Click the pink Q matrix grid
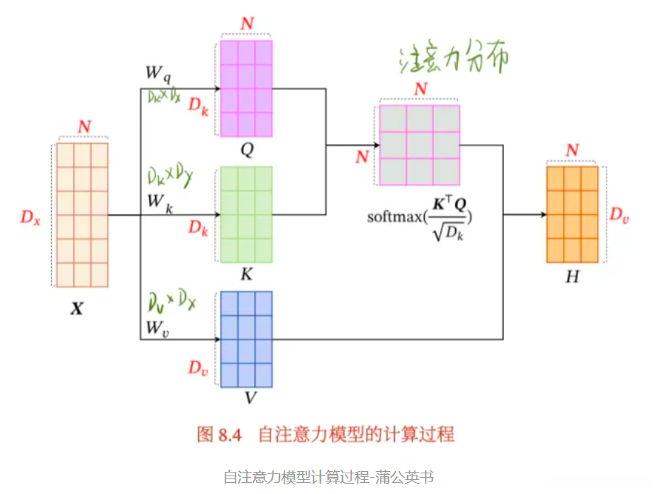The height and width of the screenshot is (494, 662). tap(247, 89)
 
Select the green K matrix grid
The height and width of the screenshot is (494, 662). tap(247, 214)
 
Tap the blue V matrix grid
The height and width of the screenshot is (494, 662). tap(247, 339)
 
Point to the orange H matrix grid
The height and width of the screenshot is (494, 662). tap(572, 214)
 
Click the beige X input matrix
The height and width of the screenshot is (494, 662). tap(82, 214)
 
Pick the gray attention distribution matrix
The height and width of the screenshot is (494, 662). tap(420, 145)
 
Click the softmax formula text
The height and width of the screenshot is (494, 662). tap(420, 216)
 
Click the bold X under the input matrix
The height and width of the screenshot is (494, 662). tap(77, 309)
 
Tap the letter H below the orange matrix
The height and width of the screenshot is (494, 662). tap(571, 277)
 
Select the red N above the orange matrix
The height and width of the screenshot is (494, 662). tap(572, 151)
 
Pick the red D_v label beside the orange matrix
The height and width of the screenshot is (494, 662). tap(619, 215)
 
